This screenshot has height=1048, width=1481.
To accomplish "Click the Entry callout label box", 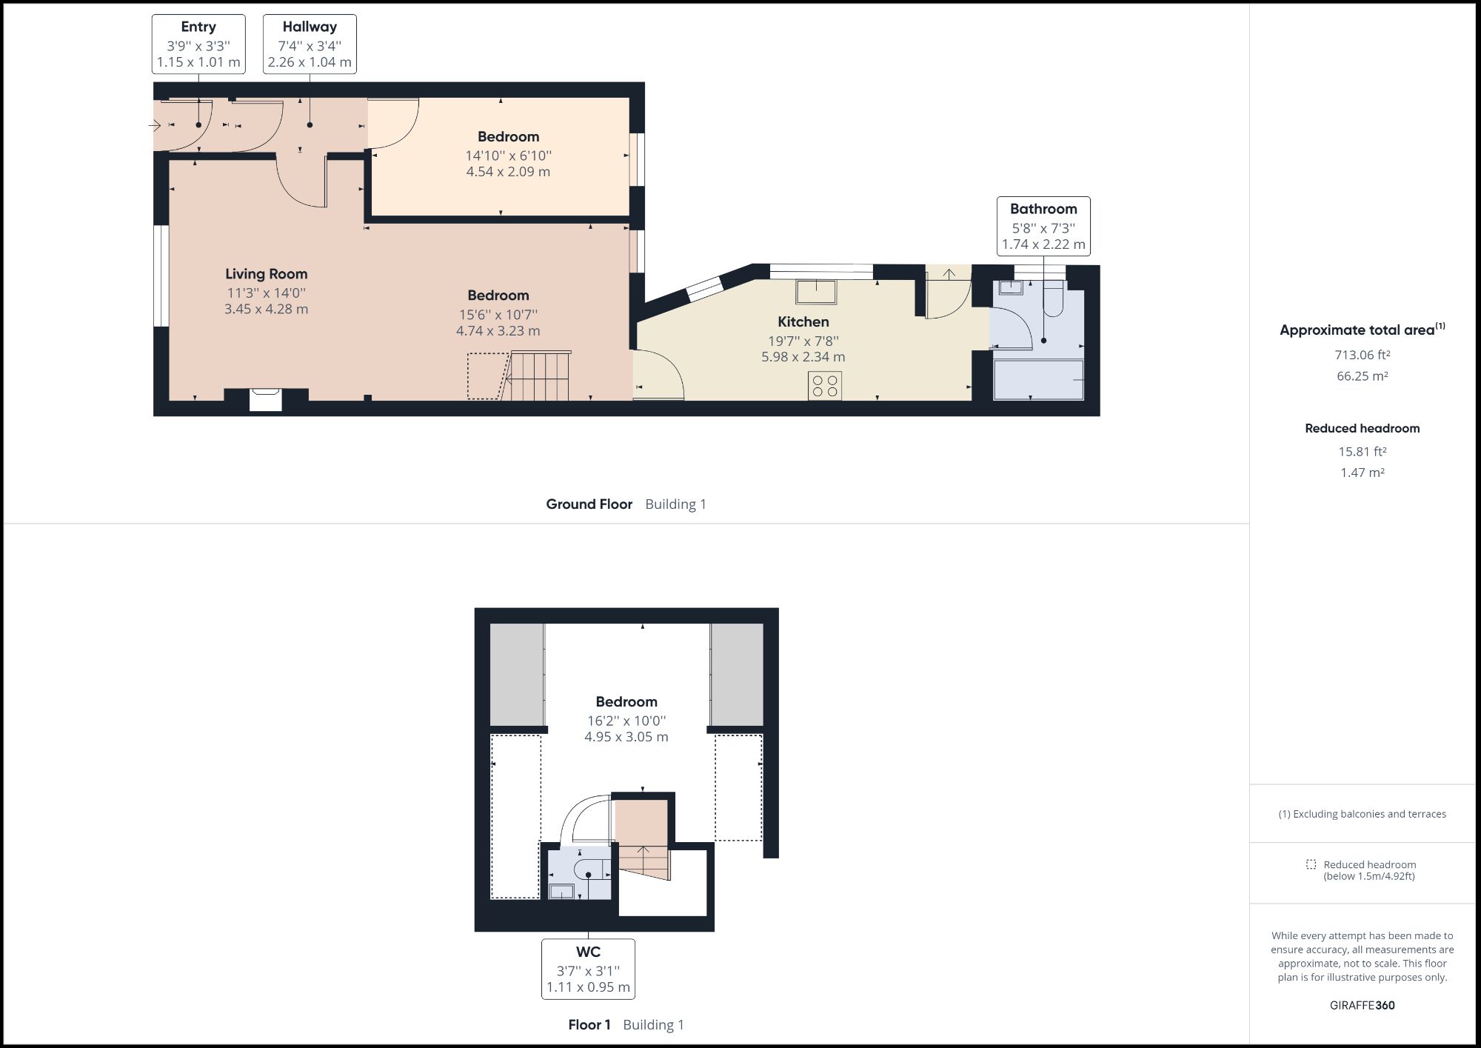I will pyautogui.click(x=198, y=44).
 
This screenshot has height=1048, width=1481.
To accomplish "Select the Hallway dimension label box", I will pyautogui.click(x=310, y=44).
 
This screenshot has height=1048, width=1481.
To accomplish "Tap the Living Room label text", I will pyautogui.click(x=266, y=274).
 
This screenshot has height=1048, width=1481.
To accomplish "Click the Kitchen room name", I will pyautogui.click(x=803, y=321).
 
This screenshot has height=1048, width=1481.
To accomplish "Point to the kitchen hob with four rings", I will pyautogui.click(x=825, y=385).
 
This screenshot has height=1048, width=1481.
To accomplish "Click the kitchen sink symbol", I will pyautogui.click(x=816, y=291).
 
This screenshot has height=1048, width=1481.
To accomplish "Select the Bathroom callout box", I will pyautogui.click(x=1043, y=226).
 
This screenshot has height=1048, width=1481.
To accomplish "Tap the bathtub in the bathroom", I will pyautogui.click(x=1038, y=379).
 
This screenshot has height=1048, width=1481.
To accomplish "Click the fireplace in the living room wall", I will pyautogui.click(x=265, y=399).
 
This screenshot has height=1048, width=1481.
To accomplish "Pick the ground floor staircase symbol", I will pyautogui.click(x=539, y=376).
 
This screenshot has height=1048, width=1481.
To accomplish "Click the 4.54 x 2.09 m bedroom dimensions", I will pyautogui.click(x=508, y=172).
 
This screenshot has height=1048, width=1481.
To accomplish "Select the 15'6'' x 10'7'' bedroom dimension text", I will pyautogui.click(x=498, y=315).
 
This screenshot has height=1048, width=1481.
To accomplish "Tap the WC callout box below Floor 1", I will pyautogui.click(x=588, y=969).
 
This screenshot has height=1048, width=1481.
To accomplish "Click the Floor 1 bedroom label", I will pyautogui.click(x=626, y=701).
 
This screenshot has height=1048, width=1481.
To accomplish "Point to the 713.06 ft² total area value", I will pyautogui.click(x=1362, y=355).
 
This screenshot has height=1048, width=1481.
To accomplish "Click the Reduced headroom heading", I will pyautogui.click(x=1362, y=428).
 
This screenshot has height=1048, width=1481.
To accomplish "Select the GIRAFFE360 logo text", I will pyautogui.click(x=1362, y=1005).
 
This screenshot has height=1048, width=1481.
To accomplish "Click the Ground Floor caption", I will pyautogui.click(x=589, y=504).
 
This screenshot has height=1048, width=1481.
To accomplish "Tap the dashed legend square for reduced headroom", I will pyautogui.click(x=1311, y=864).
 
